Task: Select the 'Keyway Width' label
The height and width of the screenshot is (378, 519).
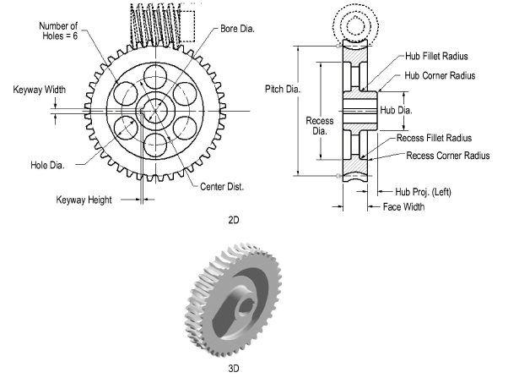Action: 39,89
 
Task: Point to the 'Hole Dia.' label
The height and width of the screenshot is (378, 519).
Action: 46,164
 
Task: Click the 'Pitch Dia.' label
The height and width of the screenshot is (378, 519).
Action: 279,88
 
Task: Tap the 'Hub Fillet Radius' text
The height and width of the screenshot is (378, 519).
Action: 436,56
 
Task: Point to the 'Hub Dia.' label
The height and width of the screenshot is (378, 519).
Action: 397,110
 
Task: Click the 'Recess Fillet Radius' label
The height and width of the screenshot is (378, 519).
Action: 434,137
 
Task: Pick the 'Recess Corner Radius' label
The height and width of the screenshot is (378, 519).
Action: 448,156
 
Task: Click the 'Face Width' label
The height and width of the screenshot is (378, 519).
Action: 403,206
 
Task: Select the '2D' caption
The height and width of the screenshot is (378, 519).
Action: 235,221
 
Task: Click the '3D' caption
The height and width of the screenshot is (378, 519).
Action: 235,369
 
